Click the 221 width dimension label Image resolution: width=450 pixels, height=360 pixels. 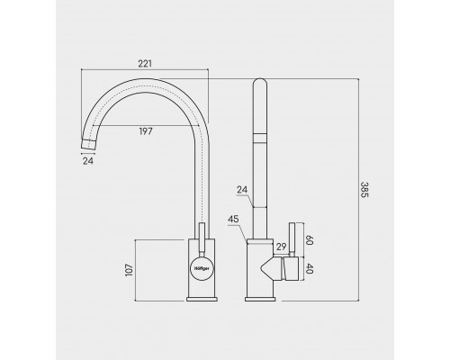click(x=145, y=64)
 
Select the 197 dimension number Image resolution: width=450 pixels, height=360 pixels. click(x=146, y=131)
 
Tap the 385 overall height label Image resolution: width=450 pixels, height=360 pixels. click(x=364, y=190)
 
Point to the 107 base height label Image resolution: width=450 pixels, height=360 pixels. click(x=130, y=270)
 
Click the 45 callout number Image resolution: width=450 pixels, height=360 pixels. click(x=233, y=220)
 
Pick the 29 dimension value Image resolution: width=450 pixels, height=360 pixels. click(x=282, y=247)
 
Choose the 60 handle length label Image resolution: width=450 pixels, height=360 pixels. click(x=310, y=240)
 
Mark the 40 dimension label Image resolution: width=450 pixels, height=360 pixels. click(x=310, y=269)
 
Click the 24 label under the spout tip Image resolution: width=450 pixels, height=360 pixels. click(x=88, y=161)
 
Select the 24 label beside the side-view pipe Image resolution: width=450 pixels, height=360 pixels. click(x=242, y=190)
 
